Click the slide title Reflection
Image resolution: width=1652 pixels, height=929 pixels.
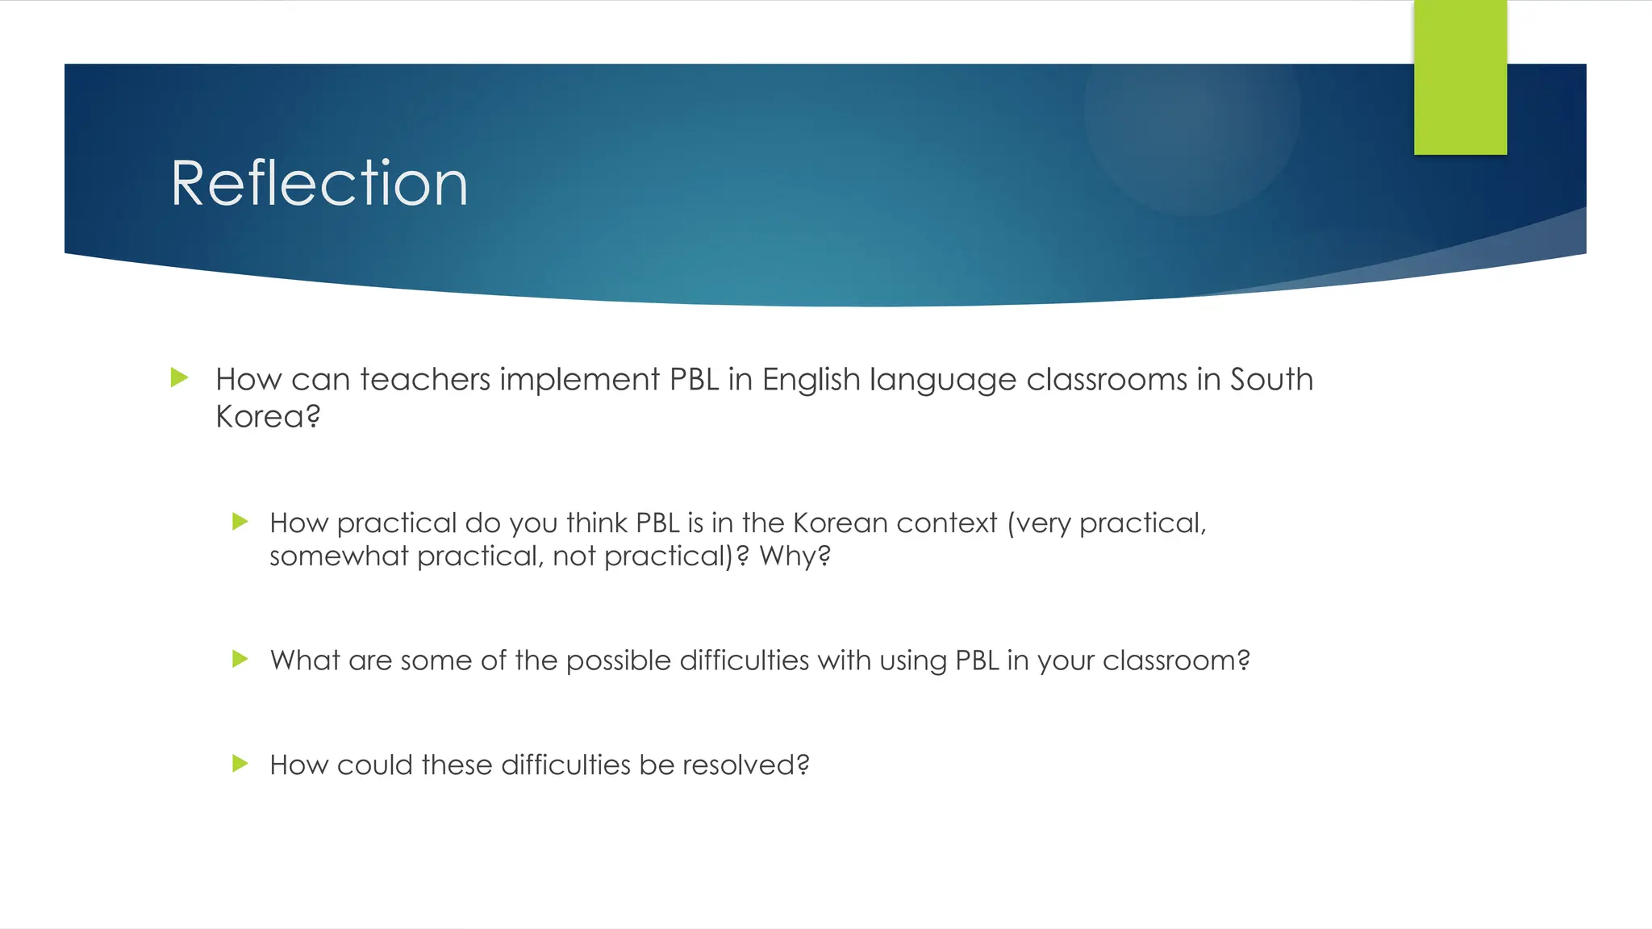(319, 184)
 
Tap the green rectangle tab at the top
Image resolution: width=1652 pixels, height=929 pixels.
(1460, 77)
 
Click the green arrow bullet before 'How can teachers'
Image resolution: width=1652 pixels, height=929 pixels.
(180, 377)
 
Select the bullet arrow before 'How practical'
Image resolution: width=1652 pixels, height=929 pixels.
(240, 522)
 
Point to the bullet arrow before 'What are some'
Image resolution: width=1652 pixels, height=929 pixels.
(240, 659)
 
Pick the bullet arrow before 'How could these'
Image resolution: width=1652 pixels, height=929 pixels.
(240, 763)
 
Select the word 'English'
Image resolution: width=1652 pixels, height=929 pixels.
(811, 379)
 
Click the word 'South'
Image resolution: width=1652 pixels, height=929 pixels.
(1271, 379)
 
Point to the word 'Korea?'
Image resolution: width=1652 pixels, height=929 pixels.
(268, 416)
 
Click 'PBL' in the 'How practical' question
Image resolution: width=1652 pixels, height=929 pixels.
(657, 523)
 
